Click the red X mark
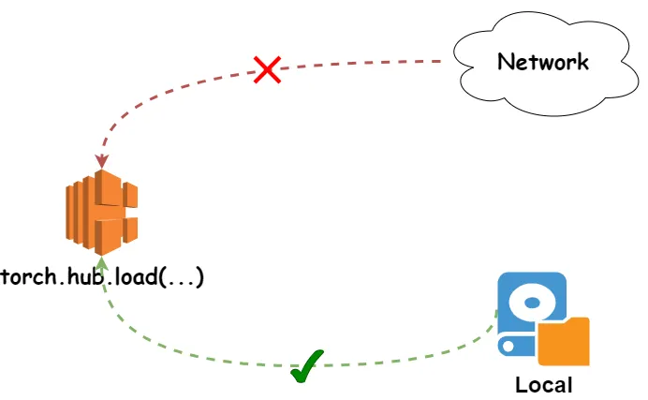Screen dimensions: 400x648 pos(268,68)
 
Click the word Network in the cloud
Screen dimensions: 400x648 pos(543,62)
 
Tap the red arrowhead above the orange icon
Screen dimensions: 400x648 pos(102,161)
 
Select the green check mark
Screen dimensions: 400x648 pos(306,365)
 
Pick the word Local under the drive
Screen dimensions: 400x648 pos(543,384)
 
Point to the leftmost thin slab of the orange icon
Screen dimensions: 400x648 pos(70,212)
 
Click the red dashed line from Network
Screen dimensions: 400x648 pos(356,64)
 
